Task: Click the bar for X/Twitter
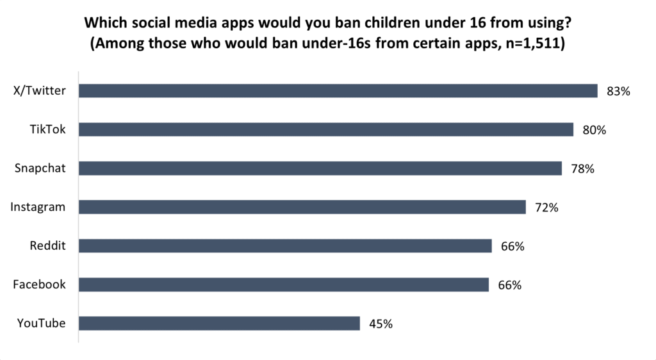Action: [x=338, y=91]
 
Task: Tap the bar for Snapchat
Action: [x=320, y=168]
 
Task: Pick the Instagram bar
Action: [x=302, y=207]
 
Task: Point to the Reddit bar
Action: [x=285, y=246]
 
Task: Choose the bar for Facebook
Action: [x=284, y=284]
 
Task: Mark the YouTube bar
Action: [x=219, y=323]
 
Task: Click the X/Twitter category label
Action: [x=40, y=91]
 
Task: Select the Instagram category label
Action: [x=38, y=207]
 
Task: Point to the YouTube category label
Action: [x=42, y=323]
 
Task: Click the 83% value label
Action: [x=619, y=92]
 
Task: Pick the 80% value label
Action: [x=594, y=130]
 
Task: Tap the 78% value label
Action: [x=583, y=169]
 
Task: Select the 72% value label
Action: [x=547, y=208]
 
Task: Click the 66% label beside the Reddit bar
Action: [x=512, y=247]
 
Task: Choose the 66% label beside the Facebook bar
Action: [x=510, y=285]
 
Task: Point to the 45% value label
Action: [x=381, y=324]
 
